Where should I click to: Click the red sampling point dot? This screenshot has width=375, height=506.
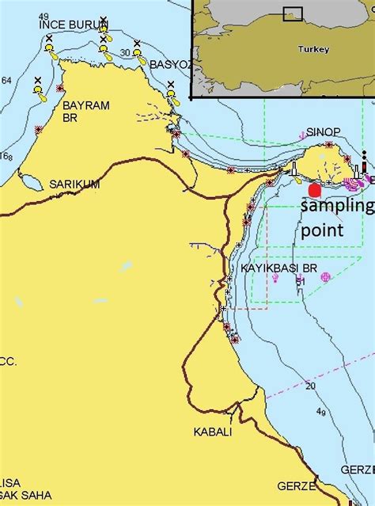[315, 190]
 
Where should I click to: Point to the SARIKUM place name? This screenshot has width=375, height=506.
[74, 184]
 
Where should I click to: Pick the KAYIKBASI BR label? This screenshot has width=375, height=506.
[278, 270]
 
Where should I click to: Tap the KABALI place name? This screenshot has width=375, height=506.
[213, 432]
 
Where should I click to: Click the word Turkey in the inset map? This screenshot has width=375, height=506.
[313, 49]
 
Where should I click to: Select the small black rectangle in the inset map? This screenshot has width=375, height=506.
[293, 13]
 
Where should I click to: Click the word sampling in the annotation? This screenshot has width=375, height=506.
[337, 207]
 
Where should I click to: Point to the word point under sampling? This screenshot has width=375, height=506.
[322, 230]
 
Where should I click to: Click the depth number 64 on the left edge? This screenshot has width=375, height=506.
[6, 81]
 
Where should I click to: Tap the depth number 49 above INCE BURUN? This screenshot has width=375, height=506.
[43, 17]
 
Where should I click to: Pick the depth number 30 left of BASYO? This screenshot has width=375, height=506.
[125, 53]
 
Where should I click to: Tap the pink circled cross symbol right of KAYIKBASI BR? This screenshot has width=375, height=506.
[324, 276]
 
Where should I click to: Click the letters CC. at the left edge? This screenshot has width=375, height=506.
[8, 361]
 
